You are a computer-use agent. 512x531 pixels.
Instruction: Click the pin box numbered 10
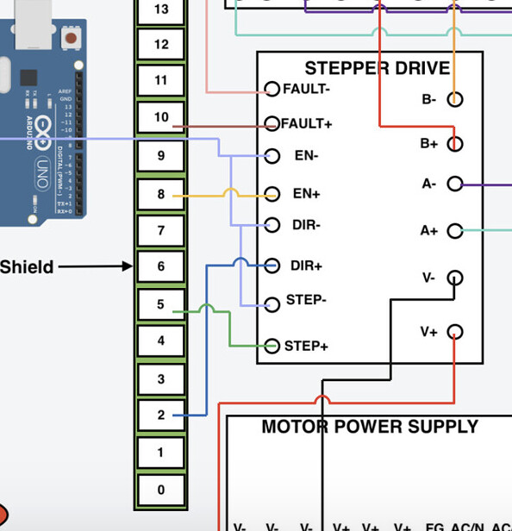tap(161, 117)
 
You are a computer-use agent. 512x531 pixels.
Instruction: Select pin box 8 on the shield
tap(161, 195)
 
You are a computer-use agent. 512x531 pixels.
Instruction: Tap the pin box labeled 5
tap(161, 304)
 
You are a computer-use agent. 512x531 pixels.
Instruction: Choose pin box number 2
tap(161, 415)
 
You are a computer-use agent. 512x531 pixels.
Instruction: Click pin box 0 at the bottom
tap(161, 490)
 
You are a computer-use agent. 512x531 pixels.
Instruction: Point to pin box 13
tap(161, 10)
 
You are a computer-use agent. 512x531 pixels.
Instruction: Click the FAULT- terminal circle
tap(272, 89)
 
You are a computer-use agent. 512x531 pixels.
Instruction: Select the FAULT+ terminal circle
tap(272, 123)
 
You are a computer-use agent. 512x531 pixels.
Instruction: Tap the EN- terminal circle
tap(272, 156)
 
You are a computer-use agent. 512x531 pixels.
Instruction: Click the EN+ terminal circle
tap(272, 194)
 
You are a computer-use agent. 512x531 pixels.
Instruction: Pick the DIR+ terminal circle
tap(272, 265)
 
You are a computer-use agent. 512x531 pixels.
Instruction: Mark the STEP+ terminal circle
tap(272, 347)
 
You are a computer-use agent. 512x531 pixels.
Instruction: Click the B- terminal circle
tap(455, 99)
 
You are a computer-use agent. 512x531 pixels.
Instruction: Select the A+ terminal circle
tap(455, 230)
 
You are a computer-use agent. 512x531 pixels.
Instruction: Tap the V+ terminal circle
tap(455, 332)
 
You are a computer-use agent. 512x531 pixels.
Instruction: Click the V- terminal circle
tap(455, 278)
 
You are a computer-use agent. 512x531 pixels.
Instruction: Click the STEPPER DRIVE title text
tap(377, 68)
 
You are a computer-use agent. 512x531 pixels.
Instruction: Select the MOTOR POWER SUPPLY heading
tap(369, 427)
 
